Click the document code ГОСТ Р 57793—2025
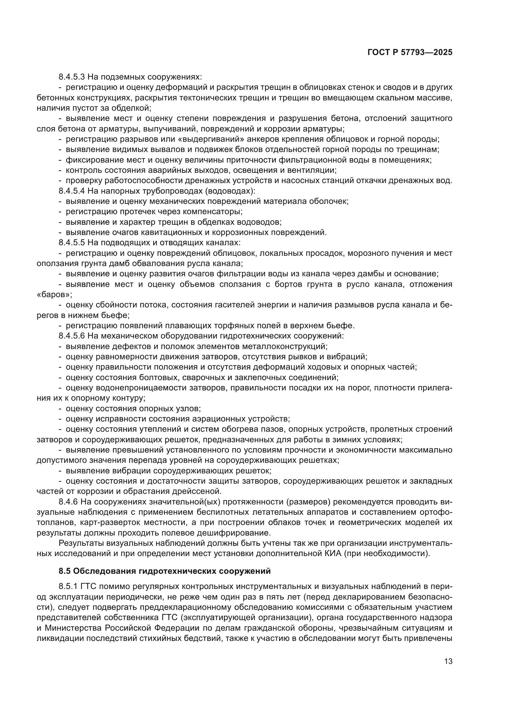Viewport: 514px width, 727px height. (410, 53)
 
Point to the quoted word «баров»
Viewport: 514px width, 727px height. (54, 294)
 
